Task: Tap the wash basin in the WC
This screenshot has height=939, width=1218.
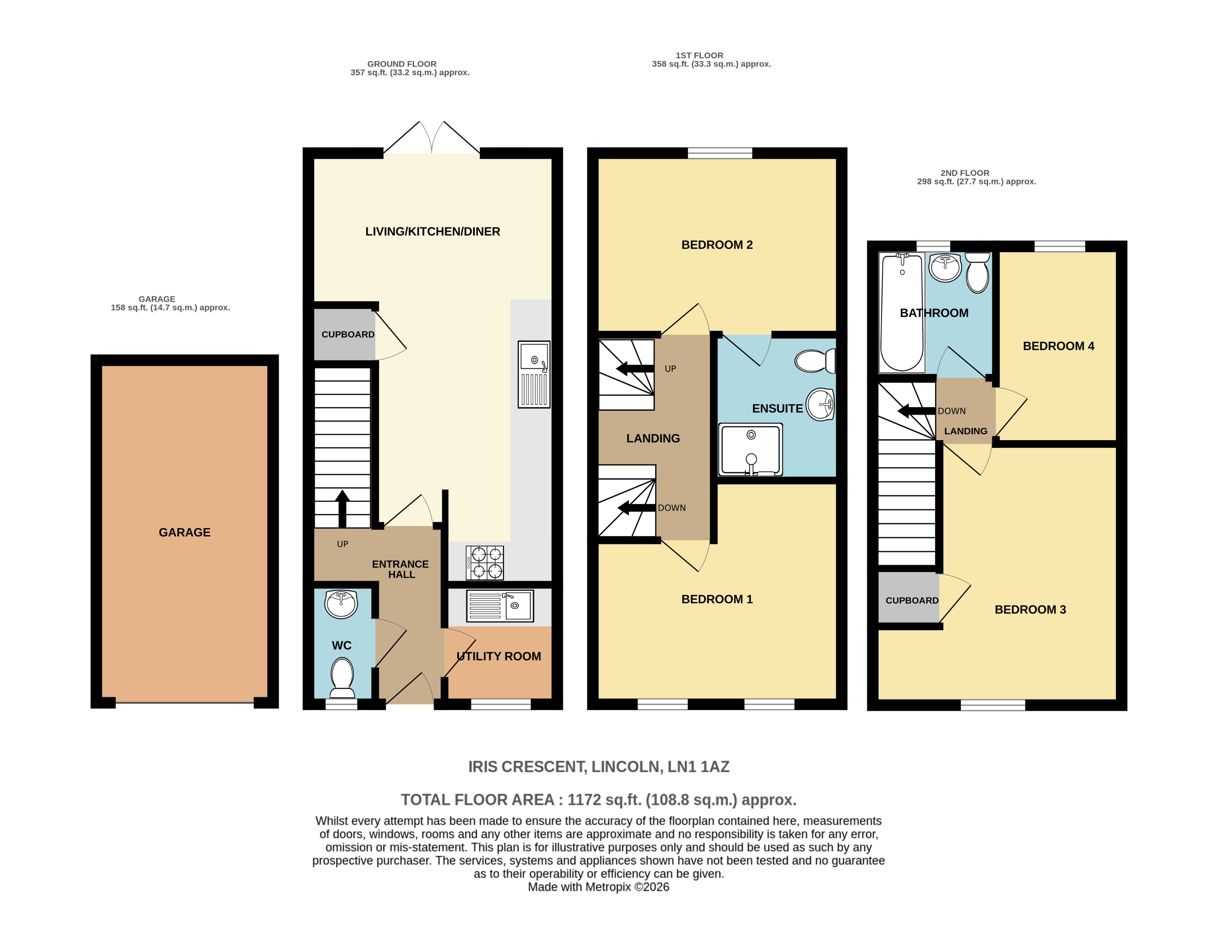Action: point(341,604)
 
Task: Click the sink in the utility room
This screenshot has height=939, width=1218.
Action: point(500,606)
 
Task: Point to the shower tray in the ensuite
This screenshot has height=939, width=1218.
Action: point(750,449)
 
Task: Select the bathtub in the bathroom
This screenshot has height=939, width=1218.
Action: point(901,312)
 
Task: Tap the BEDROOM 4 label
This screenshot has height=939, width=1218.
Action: point(1058,346)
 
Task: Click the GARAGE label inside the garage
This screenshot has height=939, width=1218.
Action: point(184,532)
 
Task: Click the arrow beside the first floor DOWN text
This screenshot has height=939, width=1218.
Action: point(636,508)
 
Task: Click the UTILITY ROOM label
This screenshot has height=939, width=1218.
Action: point(499,656)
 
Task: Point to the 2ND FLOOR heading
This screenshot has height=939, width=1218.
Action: point(964,173)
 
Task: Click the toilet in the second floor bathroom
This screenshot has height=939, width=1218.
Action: point(977,273)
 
